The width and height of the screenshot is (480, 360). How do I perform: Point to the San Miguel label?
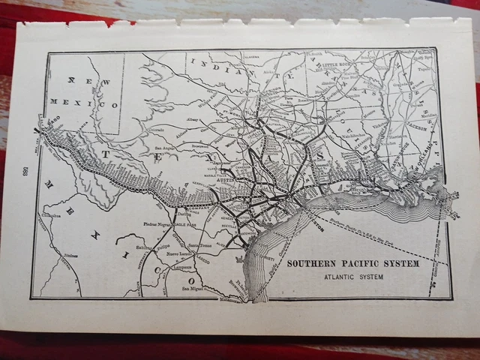[x=193, y=289]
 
